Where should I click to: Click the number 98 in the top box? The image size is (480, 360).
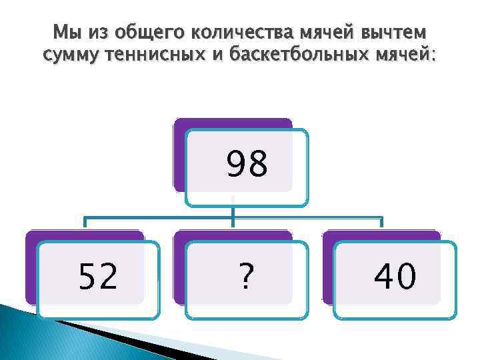coord(247,165)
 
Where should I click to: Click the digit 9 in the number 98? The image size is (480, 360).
coord(235,165)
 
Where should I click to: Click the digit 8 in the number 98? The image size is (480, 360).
coord(259,165)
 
